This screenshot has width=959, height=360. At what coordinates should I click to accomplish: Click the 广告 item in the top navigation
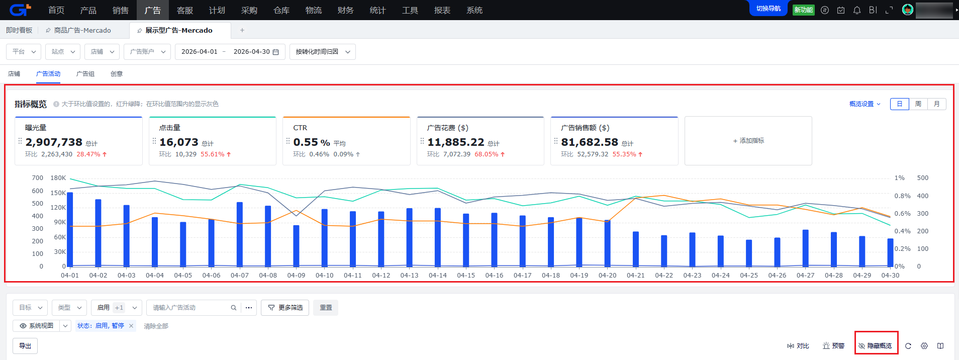(x=152, y=10)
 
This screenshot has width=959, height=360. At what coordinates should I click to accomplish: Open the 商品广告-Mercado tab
(x=82, y=30)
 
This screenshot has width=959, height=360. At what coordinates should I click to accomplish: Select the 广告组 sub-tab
(x=85, y=73)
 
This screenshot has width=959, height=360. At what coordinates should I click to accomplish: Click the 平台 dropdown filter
(x=24, y=52)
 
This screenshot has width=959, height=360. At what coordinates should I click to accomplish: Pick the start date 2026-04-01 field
(x=200, y=52)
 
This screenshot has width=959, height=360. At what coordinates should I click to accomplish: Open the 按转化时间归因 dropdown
(x=323, y=52)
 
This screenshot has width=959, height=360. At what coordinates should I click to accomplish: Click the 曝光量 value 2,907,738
(x=54, y=142)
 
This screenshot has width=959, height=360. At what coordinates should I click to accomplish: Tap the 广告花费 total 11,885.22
(x=456, y=142)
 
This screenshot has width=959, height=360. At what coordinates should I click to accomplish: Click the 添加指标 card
(x=748, y=141)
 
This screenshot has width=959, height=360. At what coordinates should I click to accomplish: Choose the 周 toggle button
(x=918, y=104)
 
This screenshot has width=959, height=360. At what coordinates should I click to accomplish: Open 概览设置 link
(x=865, y=104)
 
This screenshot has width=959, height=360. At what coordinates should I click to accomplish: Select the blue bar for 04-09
(x=297, y=246)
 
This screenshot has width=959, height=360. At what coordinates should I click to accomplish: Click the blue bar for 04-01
(x=70, y=229)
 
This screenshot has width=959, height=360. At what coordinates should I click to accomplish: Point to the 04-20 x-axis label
(x=607, y=275)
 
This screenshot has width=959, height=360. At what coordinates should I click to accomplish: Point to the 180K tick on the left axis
(x=58, y=178)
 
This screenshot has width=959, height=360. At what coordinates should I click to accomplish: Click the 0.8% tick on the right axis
(x=902, y=196)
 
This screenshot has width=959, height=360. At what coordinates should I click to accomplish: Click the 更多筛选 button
(x=285, y=308)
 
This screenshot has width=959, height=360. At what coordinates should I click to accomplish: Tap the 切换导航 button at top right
(x=769, y=9)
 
